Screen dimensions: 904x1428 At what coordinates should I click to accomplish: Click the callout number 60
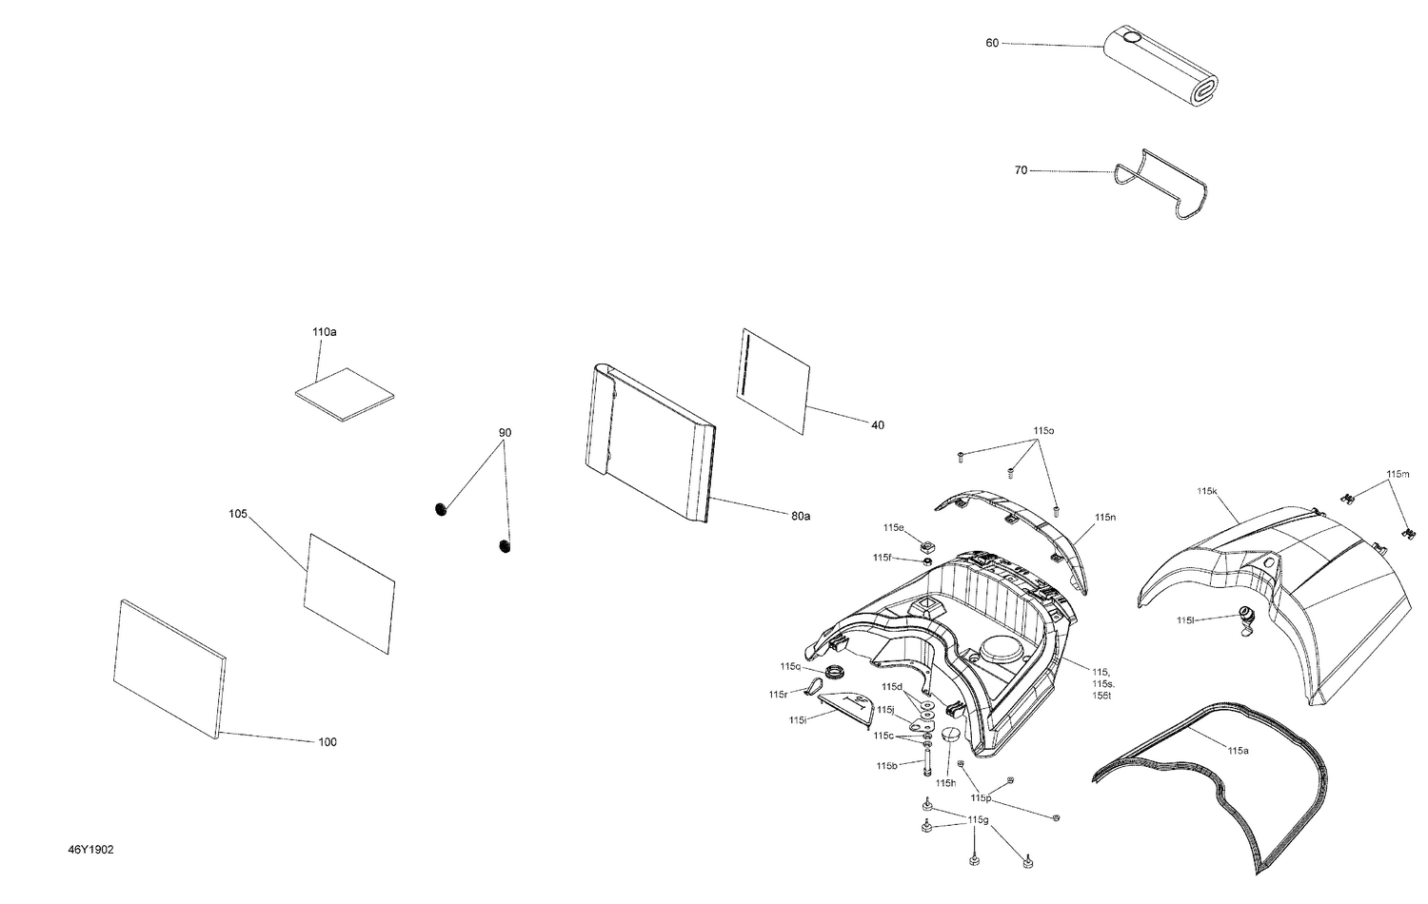pos(992,43)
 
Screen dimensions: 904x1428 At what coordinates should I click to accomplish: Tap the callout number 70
pos(1021,171)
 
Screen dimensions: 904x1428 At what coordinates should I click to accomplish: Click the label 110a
pos(324,332)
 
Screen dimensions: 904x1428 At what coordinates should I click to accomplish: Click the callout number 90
pos(505,433)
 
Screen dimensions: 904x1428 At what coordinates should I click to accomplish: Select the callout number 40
pos(877,425)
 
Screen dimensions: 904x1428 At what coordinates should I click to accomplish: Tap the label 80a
pos(800,517)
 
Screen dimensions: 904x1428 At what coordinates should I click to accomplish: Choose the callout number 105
pos(238,514)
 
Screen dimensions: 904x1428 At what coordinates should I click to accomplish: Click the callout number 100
pos(327,742)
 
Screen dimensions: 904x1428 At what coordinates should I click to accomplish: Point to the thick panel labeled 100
pos(169,666)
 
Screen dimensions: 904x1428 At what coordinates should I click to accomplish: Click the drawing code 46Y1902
pos(90,850)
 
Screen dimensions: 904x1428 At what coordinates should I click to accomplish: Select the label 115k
pos(1207,491)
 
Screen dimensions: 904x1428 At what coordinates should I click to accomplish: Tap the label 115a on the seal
pos(1237,751)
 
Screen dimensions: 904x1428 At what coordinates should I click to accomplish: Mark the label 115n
pos(1104,517)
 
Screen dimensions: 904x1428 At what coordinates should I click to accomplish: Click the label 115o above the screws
pos(1043,431)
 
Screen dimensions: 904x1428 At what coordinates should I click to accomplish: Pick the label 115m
pos(1398,474)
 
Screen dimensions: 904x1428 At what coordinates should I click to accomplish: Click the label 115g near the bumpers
pos(978,819)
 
